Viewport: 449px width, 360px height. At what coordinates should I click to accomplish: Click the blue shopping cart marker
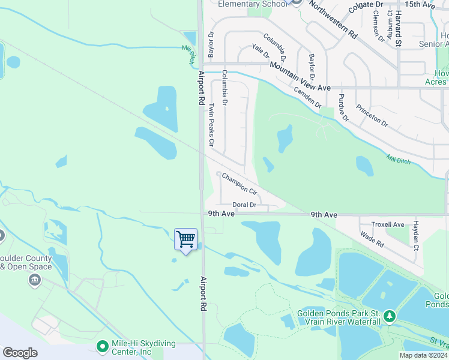click(x=186, y=240)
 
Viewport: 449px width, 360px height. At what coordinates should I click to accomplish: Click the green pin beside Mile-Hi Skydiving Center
click(x=102, y=346)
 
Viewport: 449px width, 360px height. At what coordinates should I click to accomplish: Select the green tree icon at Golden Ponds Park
click(x=390, y=315)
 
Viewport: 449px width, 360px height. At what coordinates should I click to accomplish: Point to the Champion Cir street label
click(x=240, y=184)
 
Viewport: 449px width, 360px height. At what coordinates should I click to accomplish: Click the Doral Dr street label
click(x=244, y=205)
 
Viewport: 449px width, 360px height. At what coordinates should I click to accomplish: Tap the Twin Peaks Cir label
click(x=211, y=125)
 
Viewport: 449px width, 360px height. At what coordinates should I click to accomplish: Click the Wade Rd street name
click(x=372, y=241)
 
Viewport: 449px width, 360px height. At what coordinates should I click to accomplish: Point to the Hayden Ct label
click(x=415, y=235)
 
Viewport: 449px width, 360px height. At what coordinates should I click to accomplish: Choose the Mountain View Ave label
click(x=300, y=76)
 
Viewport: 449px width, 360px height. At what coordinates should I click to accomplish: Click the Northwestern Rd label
click(x=334, y=19)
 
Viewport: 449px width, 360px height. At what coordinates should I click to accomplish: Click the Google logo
click(x=20, y=353)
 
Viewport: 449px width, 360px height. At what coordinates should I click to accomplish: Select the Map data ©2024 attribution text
click(x=423, y=355)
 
